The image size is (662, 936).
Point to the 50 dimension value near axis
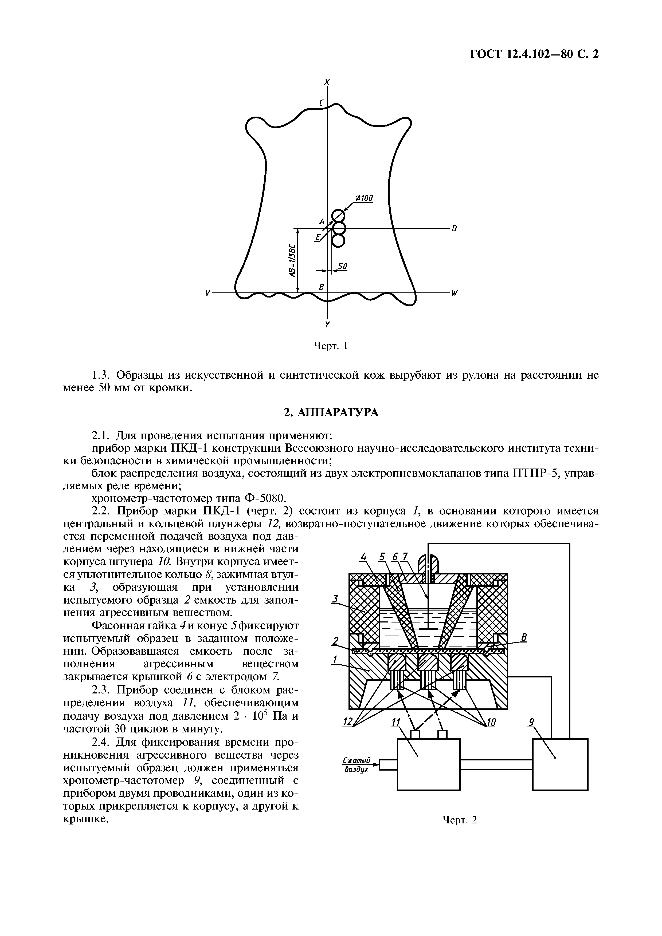[x=343, y=266]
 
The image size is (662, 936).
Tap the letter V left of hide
[x=208, y=293]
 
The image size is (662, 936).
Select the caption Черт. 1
[x=330, y=346]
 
